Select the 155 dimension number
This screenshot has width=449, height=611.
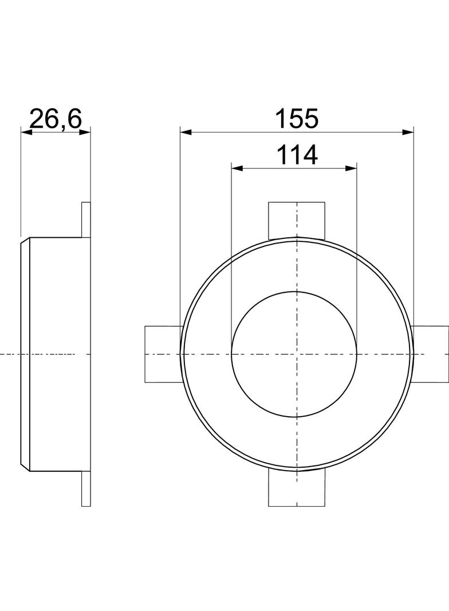[297, 119]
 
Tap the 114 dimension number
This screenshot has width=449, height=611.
[297, 155]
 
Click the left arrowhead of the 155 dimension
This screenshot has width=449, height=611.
[186, 132]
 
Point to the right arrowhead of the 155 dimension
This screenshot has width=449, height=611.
[408, 132]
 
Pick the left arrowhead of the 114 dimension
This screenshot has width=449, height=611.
[237, 168]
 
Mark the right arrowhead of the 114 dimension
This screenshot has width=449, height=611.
[351, 168]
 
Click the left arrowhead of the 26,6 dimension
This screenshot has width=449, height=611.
[26, 132]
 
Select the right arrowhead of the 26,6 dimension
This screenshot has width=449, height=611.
[85, 132]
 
